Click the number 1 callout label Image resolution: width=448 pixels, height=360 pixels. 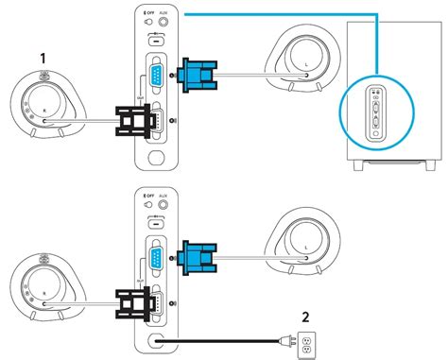[42, 59]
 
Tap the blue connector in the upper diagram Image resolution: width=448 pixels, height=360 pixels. [196, 72]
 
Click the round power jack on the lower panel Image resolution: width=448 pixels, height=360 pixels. [154, 337]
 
